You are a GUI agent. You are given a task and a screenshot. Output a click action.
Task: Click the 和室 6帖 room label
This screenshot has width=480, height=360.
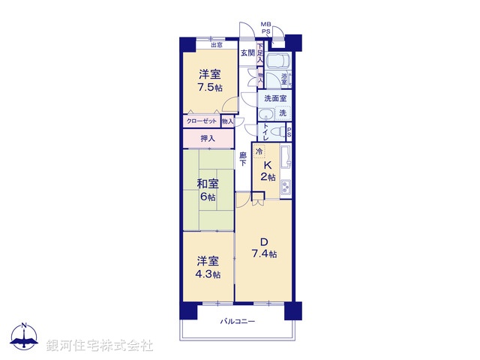click(208, 190)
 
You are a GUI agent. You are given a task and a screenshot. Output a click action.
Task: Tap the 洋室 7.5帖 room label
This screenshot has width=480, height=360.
click(210, 81)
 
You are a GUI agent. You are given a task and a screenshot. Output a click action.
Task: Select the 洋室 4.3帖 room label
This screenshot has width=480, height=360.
click(208, 267)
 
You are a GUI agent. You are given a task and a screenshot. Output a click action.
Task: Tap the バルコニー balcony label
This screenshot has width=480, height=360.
click(238, 322)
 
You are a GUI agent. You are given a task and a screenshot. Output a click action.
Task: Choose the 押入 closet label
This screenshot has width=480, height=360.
click(208, 139)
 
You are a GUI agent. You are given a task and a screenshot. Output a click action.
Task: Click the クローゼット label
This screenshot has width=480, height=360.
click(202, 121)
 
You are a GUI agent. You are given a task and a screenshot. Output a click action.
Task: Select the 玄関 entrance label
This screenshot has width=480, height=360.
click(247, 53)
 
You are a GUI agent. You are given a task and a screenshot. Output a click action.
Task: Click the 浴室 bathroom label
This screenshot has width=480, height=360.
click(285, 77)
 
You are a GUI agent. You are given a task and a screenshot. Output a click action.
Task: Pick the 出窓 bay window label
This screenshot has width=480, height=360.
click(216, 45)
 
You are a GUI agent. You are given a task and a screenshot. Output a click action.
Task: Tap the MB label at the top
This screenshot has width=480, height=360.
click(265, 25)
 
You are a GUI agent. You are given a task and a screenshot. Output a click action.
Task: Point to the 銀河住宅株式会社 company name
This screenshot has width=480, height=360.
click(100, 345)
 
